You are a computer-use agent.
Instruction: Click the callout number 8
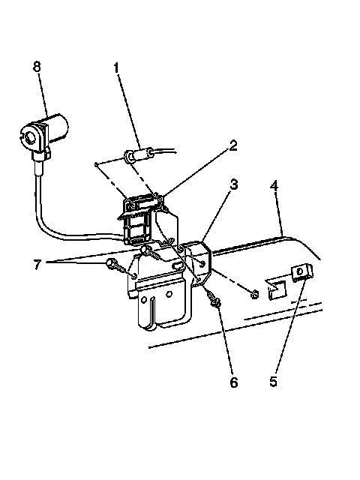tap(37, 67)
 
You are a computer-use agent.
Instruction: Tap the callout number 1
tap(116, 68)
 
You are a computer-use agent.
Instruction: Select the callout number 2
tap(233, 145)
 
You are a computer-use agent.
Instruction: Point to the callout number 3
tap(234, 184)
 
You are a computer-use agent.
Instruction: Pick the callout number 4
tap(274, 185)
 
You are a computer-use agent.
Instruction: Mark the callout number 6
tap(234, 382)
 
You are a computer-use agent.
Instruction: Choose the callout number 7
tap(37, 265)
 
